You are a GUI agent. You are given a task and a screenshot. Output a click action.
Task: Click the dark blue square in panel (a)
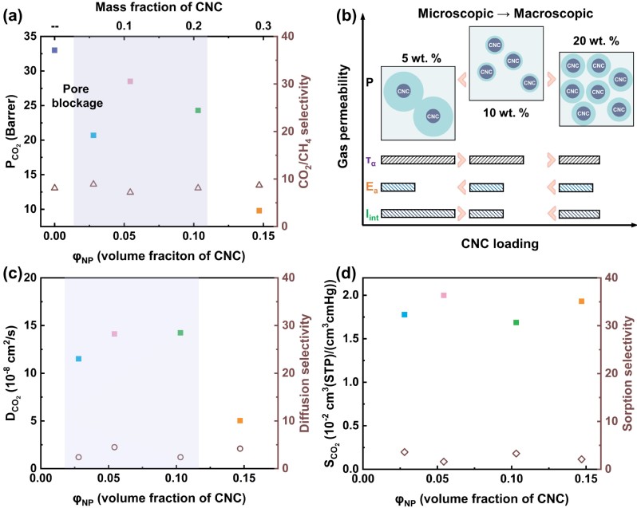(54, 50)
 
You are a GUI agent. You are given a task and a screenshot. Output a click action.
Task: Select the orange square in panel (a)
(259, 211)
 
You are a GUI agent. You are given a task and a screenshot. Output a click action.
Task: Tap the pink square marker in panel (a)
(130, 81)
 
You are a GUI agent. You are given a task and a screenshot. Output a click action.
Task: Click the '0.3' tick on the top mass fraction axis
(259, 26)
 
